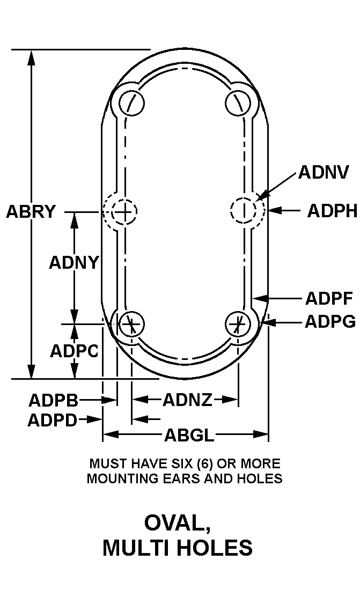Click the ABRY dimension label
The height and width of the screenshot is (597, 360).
pos(31,212)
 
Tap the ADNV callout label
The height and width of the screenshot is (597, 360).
pos(324,172)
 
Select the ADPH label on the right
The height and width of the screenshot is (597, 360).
pos(332,211)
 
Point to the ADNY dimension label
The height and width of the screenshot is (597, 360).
pos(74,263)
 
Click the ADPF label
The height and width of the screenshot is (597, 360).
pos(329,298)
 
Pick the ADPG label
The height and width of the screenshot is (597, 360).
pos(330,322)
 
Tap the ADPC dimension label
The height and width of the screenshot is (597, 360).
pos(74,351)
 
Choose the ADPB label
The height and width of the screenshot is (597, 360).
pos(54,400)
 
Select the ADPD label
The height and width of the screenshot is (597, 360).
pos(53,419)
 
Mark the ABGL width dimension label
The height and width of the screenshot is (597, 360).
pos(189,435)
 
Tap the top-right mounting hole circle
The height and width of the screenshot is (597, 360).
pos(238,102)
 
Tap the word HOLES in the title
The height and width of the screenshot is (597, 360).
pos(214,548)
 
